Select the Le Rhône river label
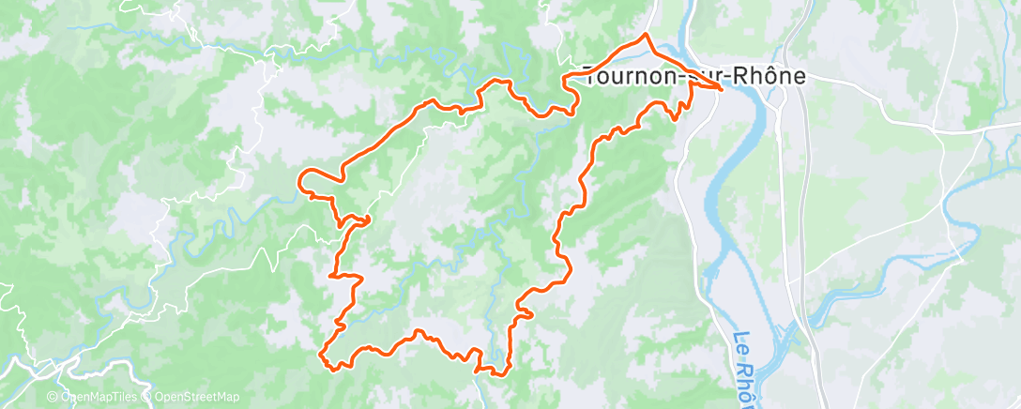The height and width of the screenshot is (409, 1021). [747, 367]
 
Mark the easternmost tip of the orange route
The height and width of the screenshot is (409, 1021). [721, 88]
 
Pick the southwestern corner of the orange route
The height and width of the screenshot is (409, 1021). [323, 356]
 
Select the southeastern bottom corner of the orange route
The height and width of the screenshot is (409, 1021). [508, 372]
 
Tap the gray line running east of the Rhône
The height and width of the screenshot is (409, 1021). [804, 188]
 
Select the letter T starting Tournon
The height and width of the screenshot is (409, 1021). [589, 77]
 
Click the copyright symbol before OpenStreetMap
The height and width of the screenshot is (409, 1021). [147, 398]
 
